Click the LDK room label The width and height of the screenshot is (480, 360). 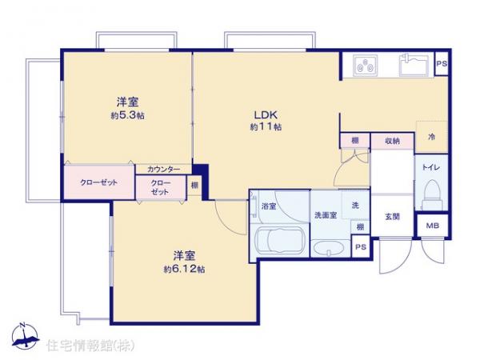266,114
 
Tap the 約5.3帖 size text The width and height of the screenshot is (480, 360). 129,115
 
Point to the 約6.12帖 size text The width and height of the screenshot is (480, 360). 186,269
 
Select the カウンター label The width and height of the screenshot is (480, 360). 163,170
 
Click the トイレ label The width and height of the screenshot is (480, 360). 430,169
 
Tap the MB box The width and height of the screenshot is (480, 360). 431,227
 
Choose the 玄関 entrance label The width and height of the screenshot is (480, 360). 392,216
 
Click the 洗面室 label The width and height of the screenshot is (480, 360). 325,216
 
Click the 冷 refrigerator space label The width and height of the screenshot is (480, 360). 431,137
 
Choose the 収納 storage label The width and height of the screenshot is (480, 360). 391,141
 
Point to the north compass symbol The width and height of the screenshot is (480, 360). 24,337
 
